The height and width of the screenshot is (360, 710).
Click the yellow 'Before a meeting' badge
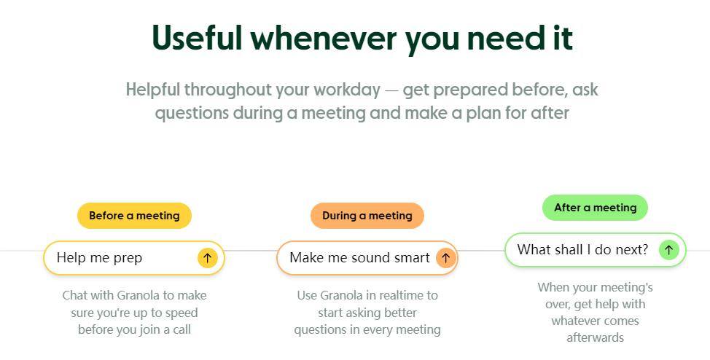134,216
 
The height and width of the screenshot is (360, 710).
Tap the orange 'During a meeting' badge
367,216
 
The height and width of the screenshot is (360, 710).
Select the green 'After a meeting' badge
595,208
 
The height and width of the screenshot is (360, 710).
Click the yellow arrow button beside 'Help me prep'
207,258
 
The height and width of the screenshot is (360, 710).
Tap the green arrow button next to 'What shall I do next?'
668,249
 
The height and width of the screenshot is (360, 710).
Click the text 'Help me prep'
100,258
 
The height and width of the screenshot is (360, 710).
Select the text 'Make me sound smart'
359,258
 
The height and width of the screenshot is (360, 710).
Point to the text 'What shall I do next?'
582,249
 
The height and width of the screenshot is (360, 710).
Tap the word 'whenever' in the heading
324,38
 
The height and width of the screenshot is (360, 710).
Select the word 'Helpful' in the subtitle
153,89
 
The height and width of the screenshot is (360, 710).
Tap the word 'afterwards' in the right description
595,337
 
